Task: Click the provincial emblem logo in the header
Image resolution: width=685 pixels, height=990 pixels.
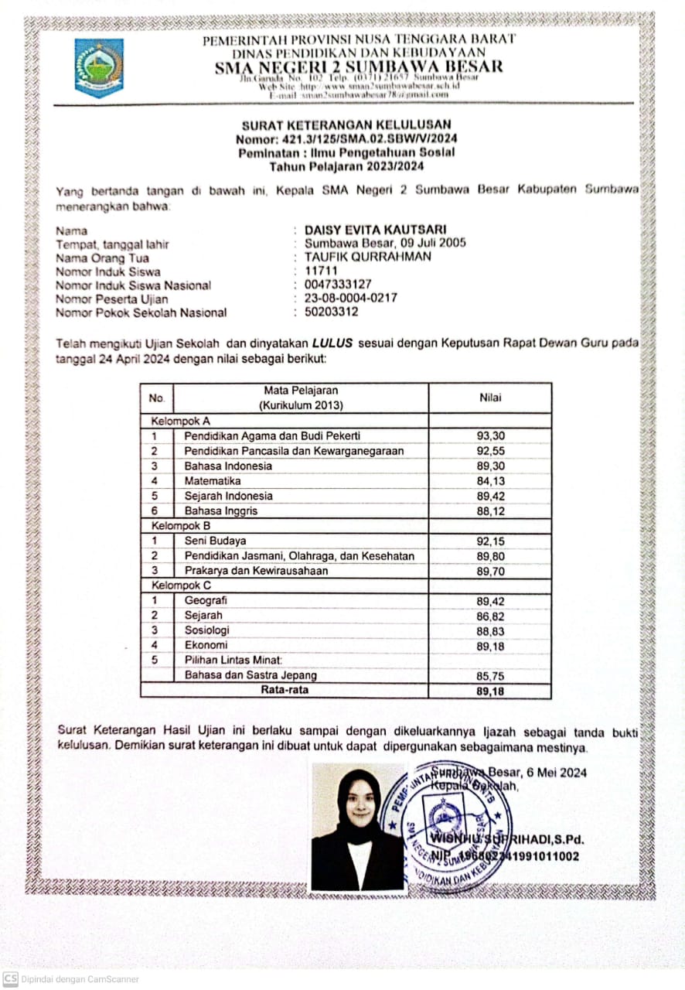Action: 99,67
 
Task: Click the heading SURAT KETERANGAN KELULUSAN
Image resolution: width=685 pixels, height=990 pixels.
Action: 346,125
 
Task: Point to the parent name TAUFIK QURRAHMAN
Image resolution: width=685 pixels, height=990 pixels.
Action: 368,257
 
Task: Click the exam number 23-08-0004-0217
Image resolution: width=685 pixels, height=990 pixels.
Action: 351,298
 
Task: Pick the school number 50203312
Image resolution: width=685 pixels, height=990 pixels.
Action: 332,312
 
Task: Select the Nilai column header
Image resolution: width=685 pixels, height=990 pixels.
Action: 489,398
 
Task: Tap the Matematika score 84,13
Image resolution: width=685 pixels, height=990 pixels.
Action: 490,481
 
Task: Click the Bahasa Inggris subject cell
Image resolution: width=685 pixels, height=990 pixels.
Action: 221,510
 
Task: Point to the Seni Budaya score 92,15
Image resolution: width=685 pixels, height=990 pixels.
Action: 490,541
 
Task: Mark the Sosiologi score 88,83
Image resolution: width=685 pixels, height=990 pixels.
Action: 490,631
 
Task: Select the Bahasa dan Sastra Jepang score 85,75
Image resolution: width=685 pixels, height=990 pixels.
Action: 490,675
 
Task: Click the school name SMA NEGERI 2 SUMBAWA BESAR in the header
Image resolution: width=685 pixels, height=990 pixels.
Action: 359,67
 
